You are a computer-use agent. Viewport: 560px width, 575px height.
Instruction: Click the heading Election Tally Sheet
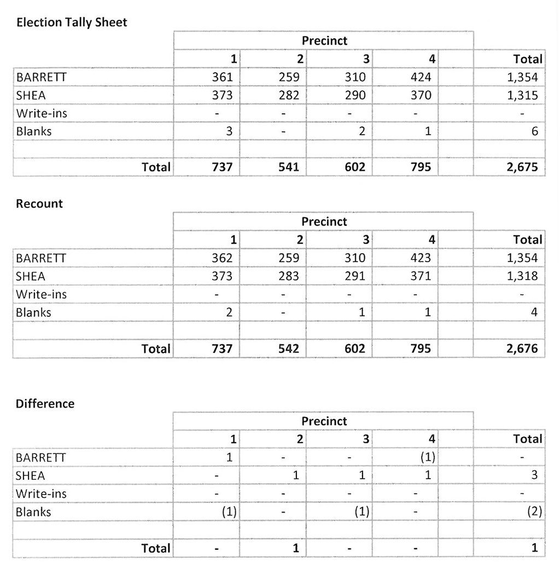pyautogui.click(x=72, y=22)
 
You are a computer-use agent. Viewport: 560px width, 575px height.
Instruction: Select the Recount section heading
pyautogui.click(x=39, y=204)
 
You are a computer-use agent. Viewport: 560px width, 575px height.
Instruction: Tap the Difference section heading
pyautogui.click(x=45, y=404)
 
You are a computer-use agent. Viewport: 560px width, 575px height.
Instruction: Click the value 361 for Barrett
pyautogui.click(x=222, y=77)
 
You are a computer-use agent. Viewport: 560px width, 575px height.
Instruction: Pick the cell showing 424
pyautogui.click(x=421, y=77)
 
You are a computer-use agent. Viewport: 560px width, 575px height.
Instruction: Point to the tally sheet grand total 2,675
pyautogui.click(x=522, y=167)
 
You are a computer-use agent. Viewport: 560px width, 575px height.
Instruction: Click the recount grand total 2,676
pyautogui.click(x=522, y=349)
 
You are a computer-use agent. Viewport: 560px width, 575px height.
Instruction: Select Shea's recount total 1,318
pyautogui.click(x=522, y=276)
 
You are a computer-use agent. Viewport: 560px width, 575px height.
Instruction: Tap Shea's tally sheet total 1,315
pyautogui.click(x=522, y=95)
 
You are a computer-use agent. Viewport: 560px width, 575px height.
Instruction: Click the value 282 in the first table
pyautogui.click(x=289, y=95)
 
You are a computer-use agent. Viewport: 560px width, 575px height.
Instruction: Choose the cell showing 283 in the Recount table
pyautogui.click(x=289, y=276)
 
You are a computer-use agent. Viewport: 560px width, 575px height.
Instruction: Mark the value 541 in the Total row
pyautogui.click(x=289, y=167)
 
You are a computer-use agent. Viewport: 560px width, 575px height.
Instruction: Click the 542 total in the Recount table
pyautogui.click(x=289, y=349)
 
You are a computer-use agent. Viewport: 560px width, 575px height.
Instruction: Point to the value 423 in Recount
pyautogui.click(x=421, y=258)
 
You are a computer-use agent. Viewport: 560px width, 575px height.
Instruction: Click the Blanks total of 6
pyautogui.click(x=534, y=131)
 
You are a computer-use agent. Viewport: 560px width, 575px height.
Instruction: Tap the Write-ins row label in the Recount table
pyautogui.click(x=42, y=294)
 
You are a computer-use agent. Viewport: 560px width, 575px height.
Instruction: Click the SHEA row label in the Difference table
pyautogui.click(x=31, y=475)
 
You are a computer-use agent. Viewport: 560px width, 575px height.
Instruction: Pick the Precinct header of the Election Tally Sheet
pyautogui.click(x=324, y=40)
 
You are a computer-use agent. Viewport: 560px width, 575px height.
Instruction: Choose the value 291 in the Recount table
pyautogui.click(x=355, y=276)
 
